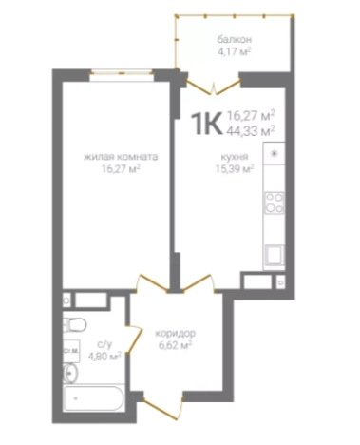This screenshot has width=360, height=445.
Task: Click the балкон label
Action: point(235,40)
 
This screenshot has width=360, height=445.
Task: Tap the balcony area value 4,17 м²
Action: point(235,51)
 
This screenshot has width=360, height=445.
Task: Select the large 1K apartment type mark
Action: point(206,125)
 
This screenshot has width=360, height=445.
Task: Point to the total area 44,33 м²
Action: point(251,130)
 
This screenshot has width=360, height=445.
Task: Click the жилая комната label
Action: point(121,157)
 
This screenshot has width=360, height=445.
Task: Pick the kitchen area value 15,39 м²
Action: point(235,168)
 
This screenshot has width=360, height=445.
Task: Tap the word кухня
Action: point(235,157)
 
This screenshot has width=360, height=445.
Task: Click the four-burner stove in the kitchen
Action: point(275,203)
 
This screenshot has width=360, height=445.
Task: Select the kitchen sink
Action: point(275,255)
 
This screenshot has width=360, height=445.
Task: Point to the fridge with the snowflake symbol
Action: point(275,153)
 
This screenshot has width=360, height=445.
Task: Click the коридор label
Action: point(176,334)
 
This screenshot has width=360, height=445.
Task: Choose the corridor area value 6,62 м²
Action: point(176,344)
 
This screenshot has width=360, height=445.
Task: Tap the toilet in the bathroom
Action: point(74,325)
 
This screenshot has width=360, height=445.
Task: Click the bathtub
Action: point(94,398)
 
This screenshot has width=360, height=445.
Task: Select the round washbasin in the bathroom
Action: point(70,373)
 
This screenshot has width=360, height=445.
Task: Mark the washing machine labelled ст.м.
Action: point(71,351)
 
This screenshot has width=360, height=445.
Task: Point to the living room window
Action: point(122,73)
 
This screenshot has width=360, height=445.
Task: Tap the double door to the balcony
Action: point(214,86)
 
